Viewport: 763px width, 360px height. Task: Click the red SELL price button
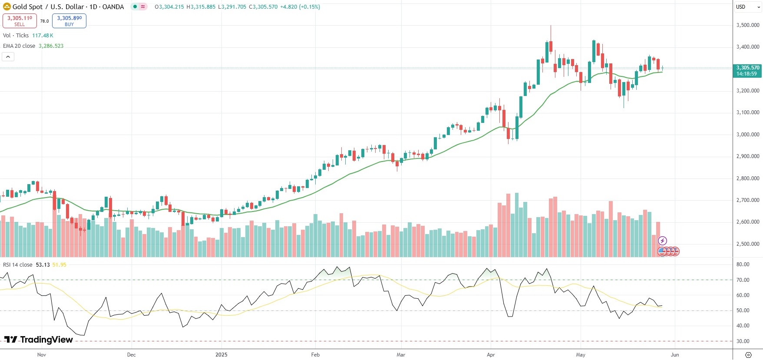point(20,20)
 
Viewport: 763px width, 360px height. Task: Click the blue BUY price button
point(69,20)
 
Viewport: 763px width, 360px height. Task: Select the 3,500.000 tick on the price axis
point(748,25)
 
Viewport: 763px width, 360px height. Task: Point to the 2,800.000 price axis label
point(748,178)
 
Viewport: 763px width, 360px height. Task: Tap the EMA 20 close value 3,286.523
point(51,46)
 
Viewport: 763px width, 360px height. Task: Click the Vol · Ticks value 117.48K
point(43,36)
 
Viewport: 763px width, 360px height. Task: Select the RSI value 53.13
point(43,265)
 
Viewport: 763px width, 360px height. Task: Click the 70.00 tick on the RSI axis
point(743,280)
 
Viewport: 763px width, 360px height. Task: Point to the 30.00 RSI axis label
point(743,341)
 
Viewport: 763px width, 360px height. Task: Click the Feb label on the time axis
point(315,355)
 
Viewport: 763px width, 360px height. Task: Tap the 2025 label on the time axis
point(221,355)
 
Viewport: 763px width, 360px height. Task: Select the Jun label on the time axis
point(675,355)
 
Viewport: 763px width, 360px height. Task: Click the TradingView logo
point(39,340)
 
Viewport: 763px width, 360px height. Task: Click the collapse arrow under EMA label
point(8,56)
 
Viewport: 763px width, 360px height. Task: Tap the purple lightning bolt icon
point(662,241)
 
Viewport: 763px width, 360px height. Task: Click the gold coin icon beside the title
point(7,7)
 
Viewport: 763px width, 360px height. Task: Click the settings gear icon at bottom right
point(748,355)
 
